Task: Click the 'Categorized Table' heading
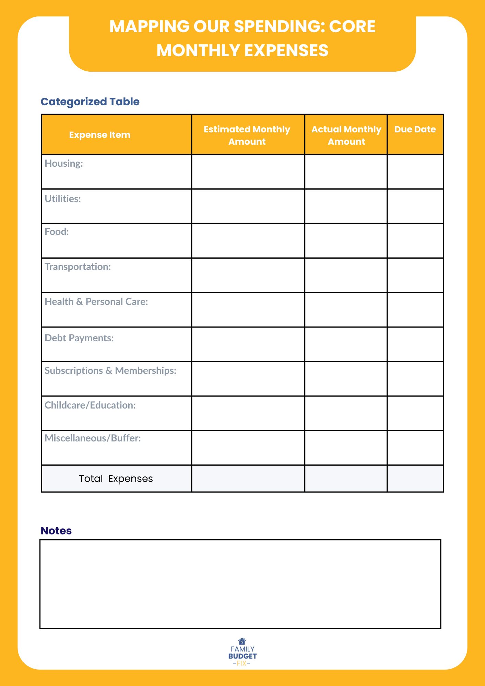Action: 90,102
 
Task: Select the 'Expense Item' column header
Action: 99,135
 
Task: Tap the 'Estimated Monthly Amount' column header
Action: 247,135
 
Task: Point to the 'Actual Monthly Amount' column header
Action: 346,135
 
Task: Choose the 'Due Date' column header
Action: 415,129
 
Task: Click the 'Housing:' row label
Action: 64,163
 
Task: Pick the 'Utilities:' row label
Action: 63,199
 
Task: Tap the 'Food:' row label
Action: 57,232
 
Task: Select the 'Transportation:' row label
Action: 78,267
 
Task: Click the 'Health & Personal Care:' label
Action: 96,301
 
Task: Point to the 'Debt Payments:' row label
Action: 79,338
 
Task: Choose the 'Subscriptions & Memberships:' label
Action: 110,370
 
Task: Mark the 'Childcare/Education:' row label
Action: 90,405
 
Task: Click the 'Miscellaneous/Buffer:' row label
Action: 93,438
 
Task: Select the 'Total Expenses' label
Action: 116,478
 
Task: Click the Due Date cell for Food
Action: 415,241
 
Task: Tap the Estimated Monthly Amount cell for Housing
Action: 248,171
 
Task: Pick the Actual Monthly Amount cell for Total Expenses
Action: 346,478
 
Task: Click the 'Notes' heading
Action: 56,531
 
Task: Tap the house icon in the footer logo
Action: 242,641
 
